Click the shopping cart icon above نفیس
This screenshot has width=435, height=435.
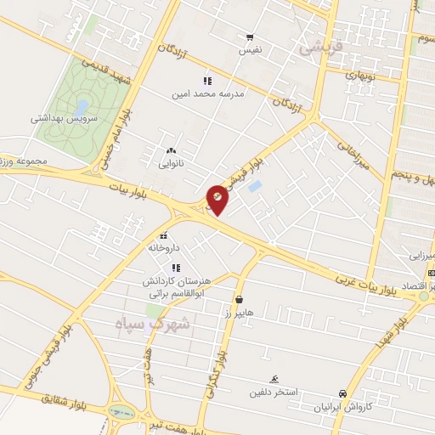250,37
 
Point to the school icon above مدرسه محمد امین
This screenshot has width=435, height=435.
206,82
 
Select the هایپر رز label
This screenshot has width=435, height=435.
240,314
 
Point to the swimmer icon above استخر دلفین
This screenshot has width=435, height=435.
274,379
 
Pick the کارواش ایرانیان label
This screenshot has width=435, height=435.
342,407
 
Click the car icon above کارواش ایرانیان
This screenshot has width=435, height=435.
342,394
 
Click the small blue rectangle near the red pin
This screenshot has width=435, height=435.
256,185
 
